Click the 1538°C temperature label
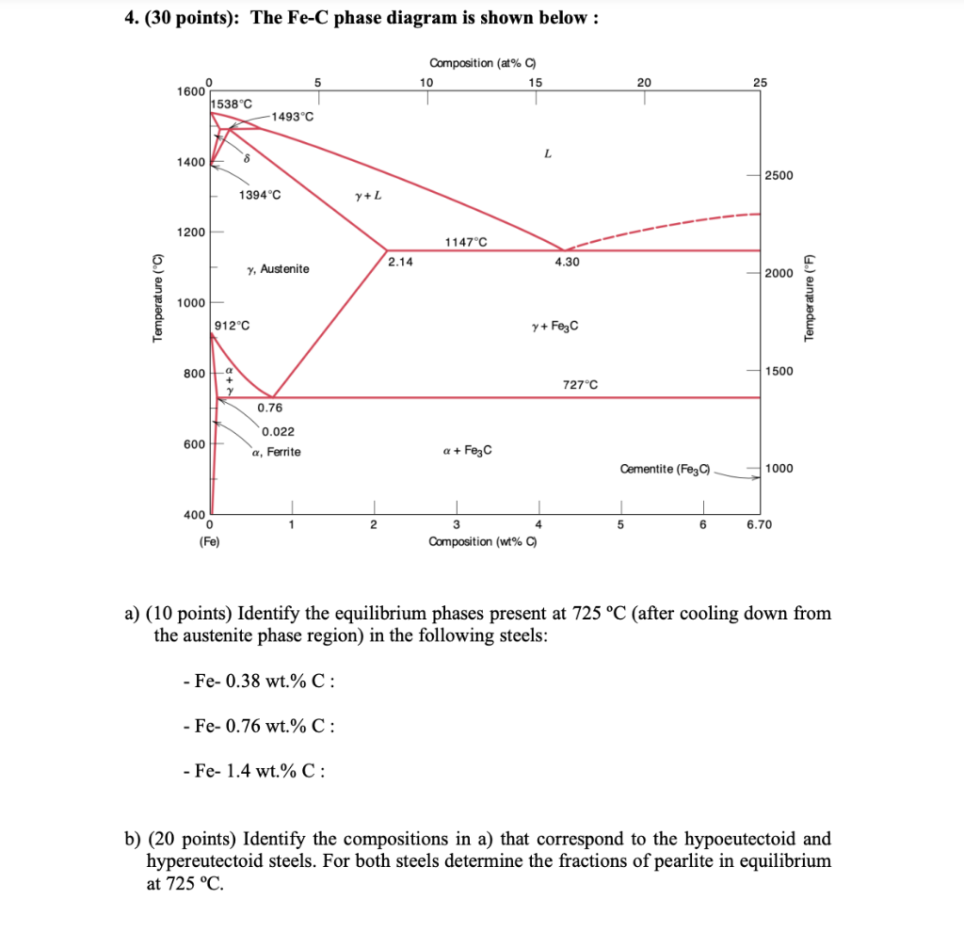click(x=232, y=103)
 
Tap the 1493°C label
click(x=293, y=116)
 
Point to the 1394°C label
click(x=259, y=196)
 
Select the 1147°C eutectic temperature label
click(x=466, y=242)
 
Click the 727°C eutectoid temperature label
click(x=580, y=385)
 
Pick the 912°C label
click(x=233, y=326)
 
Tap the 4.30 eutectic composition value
click(x=567, y=262)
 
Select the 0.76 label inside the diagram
click(x=269, y=409)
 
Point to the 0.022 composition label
click(x=278, y=432)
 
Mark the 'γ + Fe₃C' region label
click(x=555, y=326)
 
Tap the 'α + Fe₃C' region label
click(x=467, y=450)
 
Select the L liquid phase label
click(x=547, y=153)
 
